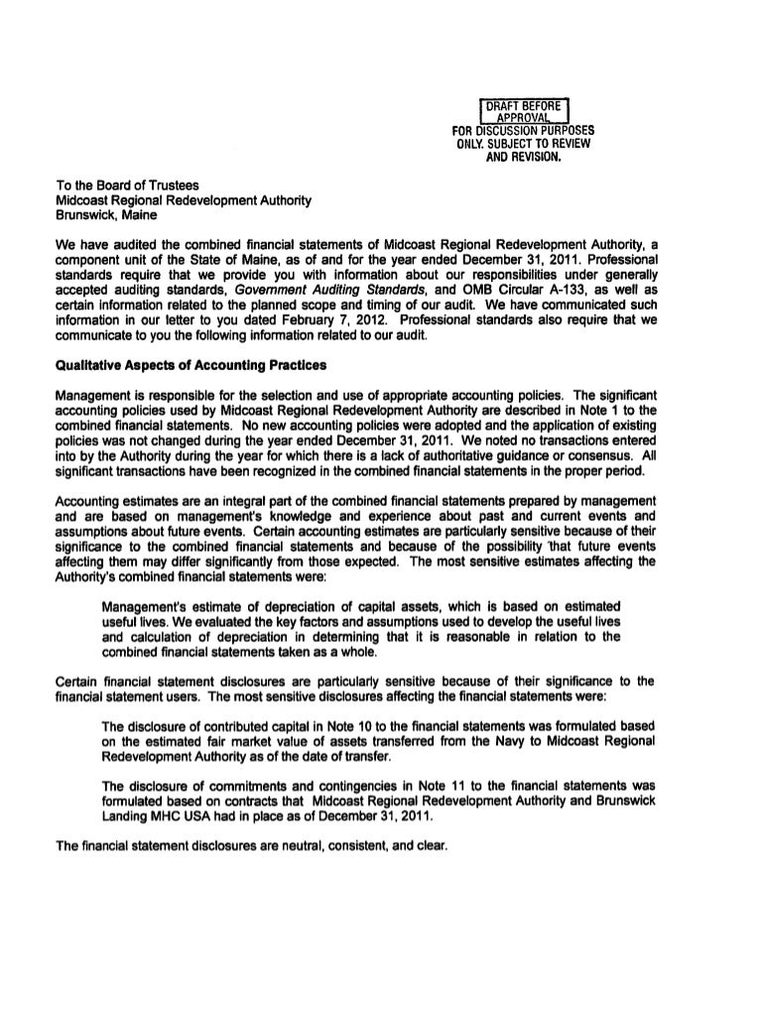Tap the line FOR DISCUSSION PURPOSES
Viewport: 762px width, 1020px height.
click(523, 130)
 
